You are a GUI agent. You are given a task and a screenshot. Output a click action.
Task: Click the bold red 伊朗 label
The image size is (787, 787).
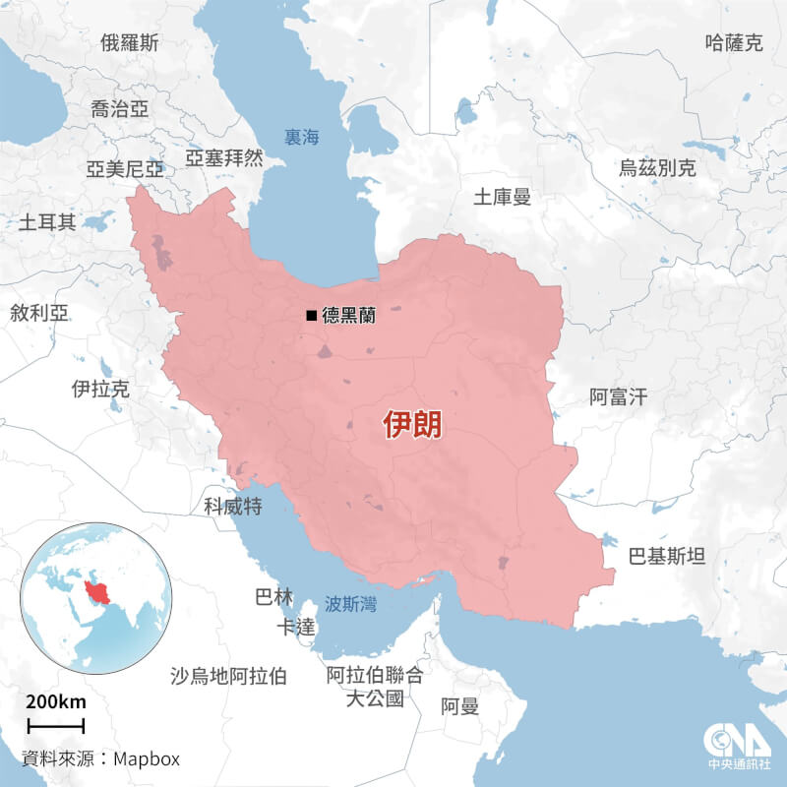click(x=412, y=425)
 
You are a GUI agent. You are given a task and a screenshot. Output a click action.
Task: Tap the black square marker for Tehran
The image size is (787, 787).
click(x=311, y=316)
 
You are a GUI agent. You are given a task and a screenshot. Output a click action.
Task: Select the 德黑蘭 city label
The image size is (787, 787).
click(x=348, y=316)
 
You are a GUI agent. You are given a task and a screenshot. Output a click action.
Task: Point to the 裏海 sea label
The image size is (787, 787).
click(x=301, y=138)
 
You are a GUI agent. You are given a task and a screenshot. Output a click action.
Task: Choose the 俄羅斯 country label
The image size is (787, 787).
click(x=130, y=42)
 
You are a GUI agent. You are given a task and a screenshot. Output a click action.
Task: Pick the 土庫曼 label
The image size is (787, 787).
click(x=502, y=197)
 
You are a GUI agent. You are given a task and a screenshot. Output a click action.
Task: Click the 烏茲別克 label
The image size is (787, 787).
click(x=657, y=168)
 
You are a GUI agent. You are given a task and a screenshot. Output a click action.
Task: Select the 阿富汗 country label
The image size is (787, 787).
click(x=619, y=397)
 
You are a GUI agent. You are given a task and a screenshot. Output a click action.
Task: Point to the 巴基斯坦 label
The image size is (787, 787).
click(x=667, y=557)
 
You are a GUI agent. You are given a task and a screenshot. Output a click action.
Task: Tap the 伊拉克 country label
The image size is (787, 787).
click(x=100, y=390)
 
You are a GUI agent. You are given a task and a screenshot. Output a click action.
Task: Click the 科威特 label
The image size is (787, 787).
click(x=232, y=506)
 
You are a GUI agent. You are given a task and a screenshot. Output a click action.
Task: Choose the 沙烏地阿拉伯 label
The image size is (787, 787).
click(x=228, y=676)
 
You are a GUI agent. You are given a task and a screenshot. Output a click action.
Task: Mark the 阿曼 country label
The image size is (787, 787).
click(x=459, y=705)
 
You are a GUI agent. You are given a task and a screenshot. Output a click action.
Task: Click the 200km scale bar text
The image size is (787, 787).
click(x=56, y=702)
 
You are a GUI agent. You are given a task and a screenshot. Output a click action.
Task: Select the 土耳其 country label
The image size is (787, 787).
click(x=47, y=222)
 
